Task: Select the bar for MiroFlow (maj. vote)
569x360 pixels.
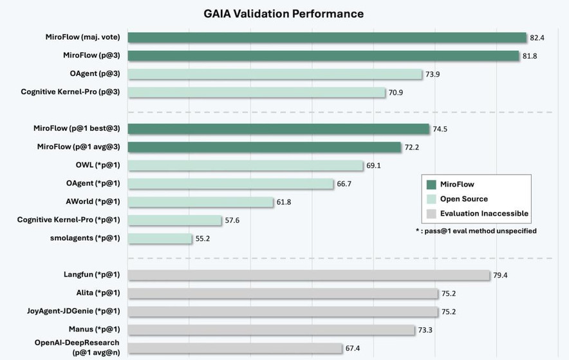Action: pyautogui.click(x=327, y=37)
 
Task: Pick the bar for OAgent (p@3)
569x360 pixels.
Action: pyautogui.click(x=275, y=74)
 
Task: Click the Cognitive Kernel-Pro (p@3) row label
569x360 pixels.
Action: pyautogui.click(x=71, y=92)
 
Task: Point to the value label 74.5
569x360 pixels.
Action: pyautogui.click(x=440, y=129)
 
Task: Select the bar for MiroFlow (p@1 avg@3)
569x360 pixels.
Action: pyautogui.click(x=265, y=147)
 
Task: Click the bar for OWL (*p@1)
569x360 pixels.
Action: pyautogui.click(x=245, y=166)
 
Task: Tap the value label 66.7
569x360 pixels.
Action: pyautogui.click(x=344, y=184)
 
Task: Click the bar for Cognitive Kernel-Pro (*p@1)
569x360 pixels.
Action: pyautogui.click(x=175, y=220)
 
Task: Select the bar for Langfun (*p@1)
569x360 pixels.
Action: pyautogui.click(x=309, y=275)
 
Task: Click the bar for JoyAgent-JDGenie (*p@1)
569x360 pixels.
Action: pyautogui.click(x=283, y=312)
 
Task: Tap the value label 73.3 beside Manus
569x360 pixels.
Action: pyautogui.click(x=425, y=330)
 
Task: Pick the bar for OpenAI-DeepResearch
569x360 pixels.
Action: pyautogui.click(x=235, y=348)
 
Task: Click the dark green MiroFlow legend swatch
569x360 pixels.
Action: pyautogui.click(x=431, y=185)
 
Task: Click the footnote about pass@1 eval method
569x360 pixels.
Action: pyautogui.click(x=476, y=231)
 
